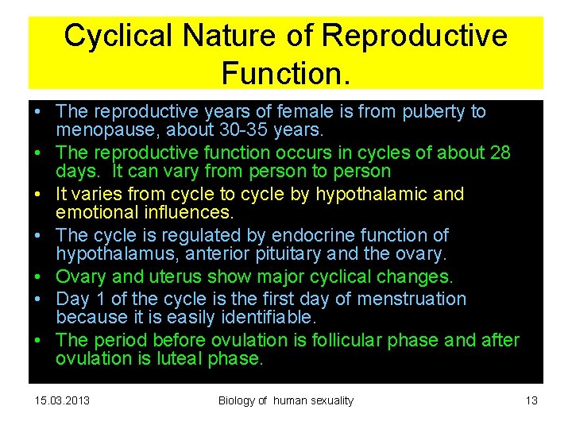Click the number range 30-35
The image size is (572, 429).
point(241,129)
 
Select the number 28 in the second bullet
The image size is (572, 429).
point(500,153)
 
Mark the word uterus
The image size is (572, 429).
point(175,276)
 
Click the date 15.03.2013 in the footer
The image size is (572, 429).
point(63,400)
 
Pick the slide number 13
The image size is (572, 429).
point(531,400)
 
